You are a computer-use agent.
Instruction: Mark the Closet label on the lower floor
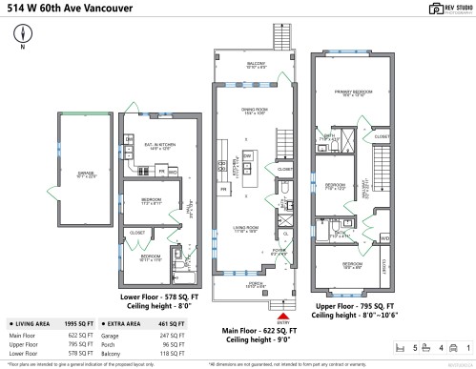(x=136, y=232)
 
